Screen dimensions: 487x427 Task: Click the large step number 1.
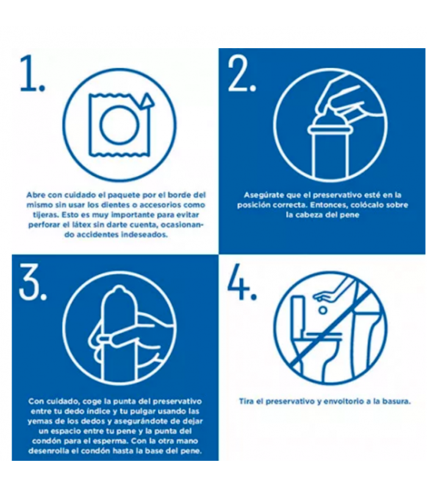click(32, 74)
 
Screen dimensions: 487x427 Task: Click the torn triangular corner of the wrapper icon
click(146, 100)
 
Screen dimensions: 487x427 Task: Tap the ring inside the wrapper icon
click(117, 125)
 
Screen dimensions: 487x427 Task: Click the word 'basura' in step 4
click(393, 401)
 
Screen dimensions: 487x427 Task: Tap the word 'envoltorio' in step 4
click(339, 401)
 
